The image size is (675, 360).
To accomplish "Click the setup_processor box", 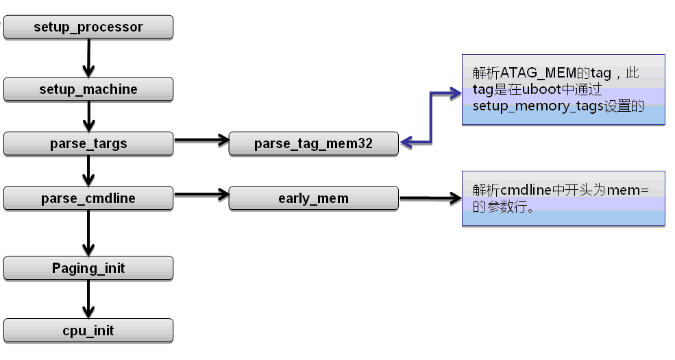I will (88, 27).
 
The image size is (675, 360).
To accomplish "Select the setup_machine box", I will (88, 89).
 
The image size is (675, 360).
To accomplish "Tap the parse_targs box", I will (88, 144).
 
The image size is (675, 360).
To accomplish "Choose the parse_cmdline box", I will (88, 199).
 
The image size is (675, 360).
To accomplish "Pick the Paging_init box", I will (88, 268).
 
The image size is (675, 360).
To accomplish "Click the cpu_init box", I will (88, 331).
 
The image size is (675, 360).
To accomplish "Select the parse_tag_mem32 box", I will (313, 144).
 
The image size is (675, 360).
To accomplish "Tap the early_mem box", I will (313, 199).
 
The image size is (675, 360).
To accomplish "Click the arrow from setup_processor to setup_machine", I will (88, 58).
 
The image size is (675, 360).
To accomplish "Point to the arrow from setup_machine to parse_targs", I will (88, 117).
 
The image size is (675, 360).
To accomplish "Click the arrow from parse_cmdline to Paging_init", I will (88, 233).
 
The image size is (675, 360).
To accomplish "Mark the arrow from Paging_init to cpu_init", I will (88, 299).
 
